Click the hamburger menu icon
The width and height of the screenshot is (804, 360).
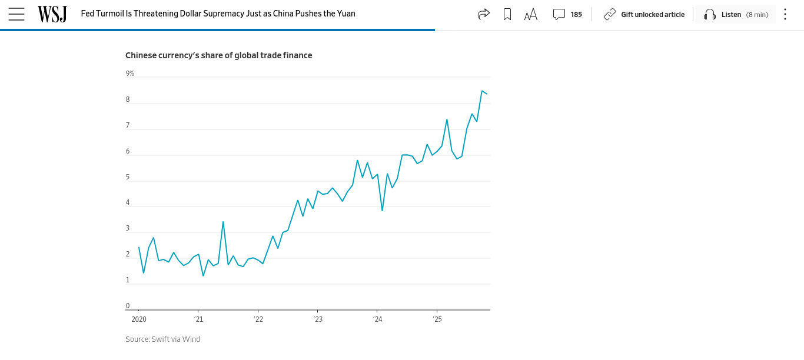tap(16, 14)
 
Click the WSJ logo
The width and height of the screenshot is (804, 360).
tap(52, 14)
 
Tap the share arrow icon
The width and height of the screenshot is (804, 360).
tap(484, 14)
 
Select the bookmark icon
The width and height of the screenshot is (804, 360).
tap(507, 14)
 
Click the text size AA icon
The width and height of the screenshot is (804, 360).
tap(531, 14)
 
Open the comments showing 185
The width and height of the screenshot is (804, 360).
tap(567, 14)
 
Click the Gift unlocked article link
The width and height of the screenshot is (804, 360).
tap(644, 14)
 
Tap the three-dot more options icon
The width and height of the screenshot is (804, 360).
tap(785, 14)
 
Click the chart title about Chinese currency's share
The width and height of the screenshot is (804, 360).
tap(218, 55)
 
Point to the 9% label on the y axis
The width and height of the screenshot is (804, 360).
tap(129, 74)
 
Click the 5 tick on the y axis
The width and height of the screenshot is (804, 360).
tap(128, 177)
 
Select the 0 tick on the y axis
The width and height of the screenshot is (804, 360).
tap(128, 306)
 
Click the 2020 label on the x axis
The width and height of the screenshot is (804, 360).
tap(139, 319)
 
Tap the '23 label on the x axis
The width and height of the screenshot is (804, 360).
tap(318, 319)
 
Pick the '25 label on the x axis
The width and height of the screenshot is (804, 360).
tap(437, 319)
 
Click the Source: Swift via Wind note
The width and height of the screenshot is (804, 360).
tap(162, 339)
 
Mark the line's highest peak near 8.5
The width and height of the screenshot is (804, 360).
tap(481, 91)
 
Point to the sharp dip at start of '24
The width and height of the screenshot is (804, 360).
tap(382, 211)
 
